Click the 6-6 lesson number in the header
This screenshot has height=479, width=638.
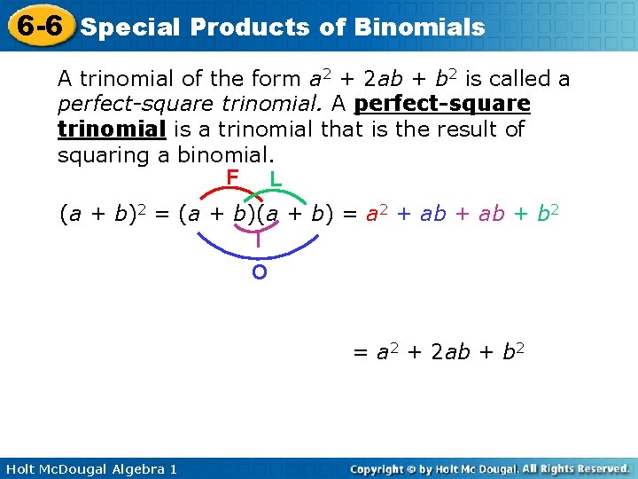[39, 25]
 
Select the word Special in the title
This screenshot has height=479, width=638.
[130, 27]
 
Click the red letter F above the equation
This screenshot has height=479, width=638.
[232, 178]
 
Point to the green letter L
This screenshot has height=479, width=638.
[276, 179]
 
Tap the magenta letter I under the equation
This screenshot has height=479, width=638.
[258, 239]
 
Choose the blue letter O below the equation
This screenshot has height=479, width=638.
[259, 272]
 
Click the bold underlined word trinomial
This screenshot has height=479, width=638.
[112, 130]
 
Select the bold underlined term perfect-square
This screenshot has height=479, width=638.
[442, 105]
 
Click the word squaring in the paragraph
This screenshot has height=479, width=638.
[94, 155]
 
